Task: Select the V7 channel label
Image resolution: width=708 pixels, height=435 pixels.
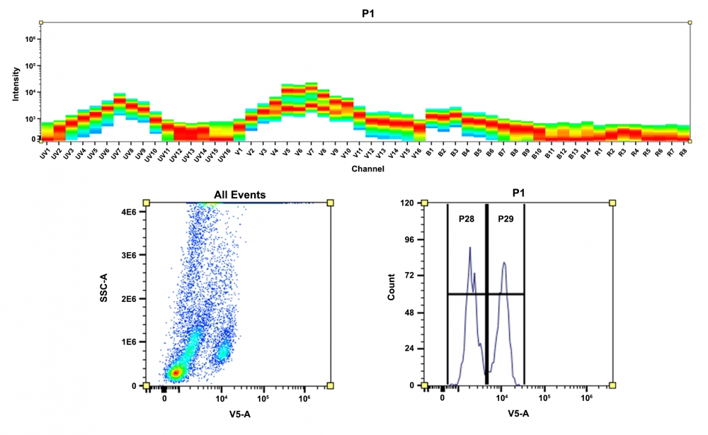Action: (310, 152)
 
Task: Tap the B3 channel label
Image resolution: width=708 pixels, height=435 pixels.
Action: (454, 152)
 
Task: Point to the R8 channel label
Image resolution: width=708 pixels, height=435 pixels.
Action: (683, 152)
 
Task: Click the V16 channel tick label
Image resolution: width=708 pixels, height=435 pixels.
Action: (418, 153)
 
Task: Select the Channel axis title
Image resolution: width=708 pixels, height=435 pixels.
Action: (367, 169)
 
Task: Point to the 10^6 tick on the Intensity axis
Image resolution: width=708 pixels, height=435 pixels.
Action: (31, 39)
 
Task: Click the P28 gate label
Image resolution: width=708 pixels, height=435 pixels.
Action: (466, 220)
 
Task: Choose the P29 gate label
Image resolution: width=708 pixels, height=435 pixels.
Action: (506, 220)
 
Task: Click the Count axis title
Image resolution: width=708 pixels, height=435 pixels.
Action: (391, 294)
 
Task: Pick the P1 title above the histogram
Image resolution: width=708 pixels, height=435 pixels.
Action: (519, 193)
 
